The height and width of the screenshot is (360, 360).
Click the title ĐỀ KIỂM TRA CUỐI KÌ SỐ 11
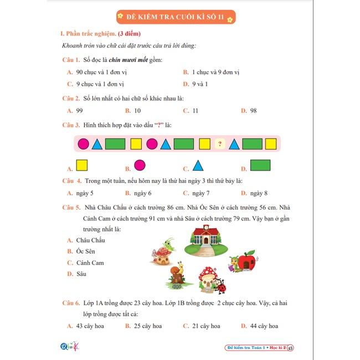pyautogui.click(x=177, y=17)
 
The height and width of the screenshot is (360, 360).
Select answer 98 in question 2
pyautogui.click(x=253, y=111)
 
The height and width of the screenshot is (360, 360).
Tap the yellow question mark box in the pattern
pyautogui.click(x=220, y=145)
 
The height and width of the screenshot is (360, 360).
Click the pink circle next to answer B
pyautogui.click(x=140, y=165)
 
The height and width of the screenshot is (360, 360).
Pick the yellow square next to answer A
pyautogui.click(x=82, y=165)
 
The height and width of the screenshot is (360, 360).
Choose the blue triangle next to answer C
pyautogui.click(x=198, y=165)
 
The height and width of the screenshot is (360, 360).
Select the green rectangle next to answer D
pyautogui.click(x=260, y=165)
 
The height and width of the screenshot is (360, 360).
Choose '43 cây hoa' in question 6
pyautogui.click(x=91, y=326)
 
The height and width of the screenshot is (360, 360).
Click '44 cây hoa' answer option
pyautogui.click(x=264, y=326)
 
